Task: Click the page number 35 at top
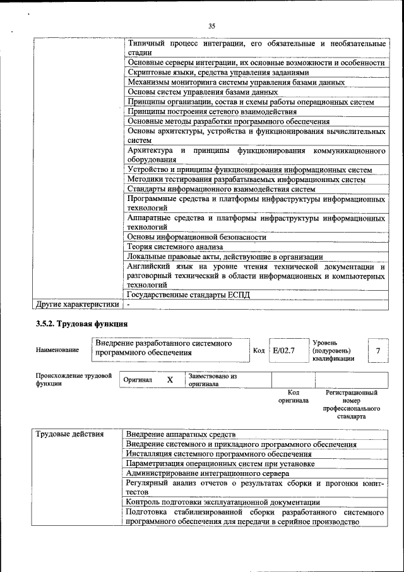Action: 211,26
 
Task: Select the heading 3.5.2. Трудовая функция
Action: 77,325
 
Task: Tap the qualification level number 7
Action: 377,350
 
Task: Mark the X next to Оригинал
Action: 169,380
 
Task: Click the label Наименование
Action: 57,350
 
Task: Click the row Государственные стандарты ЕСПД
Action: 189,295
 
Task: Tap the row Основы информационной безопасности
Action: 196,237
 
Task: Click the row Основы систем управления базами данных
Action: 189,92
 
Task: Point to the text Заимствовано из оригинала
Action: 212,380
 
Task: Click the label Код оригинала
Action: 293,396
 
